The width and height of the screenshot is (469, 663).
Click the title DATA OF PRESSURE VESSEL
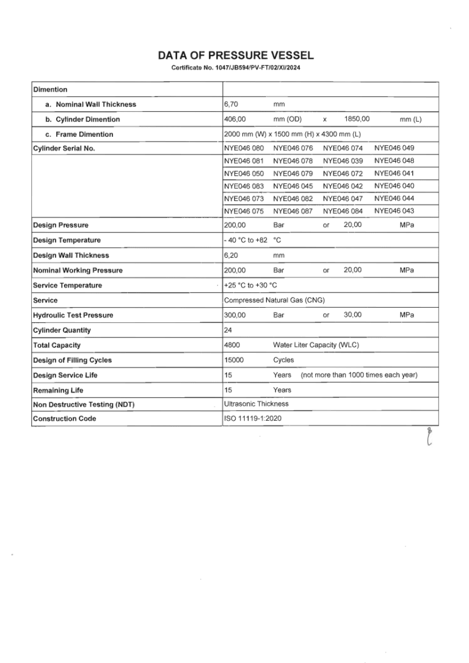235,56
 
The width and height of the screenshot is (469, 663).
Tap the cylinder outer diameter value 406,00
234,119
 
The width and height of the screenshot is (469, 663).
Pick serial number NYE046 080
244,148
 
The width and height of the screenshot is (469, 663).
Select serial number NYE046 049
394,148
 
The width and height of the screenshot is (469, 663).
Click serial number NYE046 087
293,211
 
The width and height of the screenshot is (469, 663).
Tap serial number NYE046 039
343,161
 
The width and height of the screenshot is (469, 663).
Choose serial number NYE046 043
394,211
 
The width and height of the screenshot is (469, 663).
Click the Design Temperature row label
67,241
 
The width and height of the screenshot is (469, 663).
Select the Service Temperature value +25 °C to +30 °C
250,285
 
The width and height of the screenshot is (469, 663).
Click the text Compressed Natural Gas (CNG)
274,300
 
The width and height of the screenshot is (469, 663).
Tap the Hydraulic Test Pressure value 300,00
234,315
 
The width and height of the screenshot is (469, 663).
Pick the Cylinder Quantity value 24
228,330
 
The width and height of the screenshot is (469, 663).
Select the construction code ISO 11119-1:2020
253,419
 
